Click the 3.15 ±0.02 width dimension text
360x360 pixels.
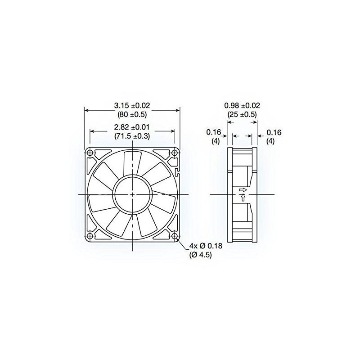pos(132,105)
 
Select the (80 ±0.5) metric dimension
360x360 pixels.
pos(132,114)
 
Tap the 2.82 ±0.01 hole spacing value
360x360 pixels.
pos(132,127)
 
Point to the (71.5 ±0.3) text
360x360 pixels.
pos(132,136)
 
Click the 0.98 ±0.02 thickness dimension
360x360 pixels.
pos(242,105)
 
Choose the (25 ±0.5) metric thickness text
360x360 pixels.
pos(242,114)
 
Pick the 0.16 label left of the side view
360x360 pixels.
pos(212,132)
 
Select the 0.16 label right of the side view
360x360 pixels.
pos(274,132)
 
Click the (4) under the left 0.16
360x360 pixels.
pos(216,141)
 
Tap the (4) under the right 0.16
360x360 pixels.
pos(271,141)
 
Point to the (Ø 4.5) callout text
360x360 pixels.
pos(201,255)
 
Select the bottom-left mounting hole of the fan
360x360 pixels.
pos(90,236)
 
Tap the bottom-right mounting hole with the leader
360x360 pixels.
pos(174,236)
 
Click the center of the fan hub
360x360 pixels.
pos(132,194)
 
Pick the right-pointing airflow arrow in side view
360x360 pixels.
pos(243,190)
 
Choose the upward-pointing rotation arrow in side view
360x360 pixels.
pos(243,198)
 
